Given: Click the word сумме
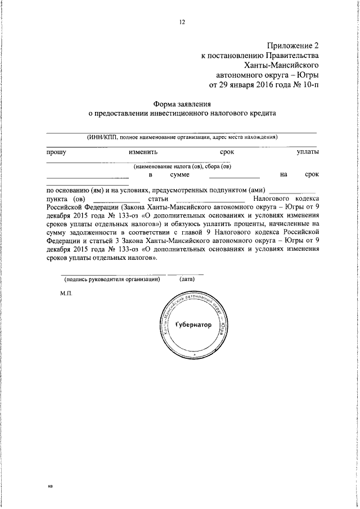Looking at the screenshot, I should point(179,175).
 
